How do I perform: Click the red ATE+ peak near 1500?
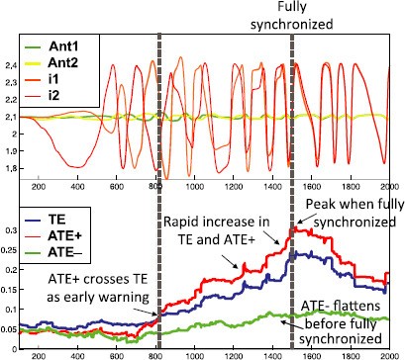[294, 229]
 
